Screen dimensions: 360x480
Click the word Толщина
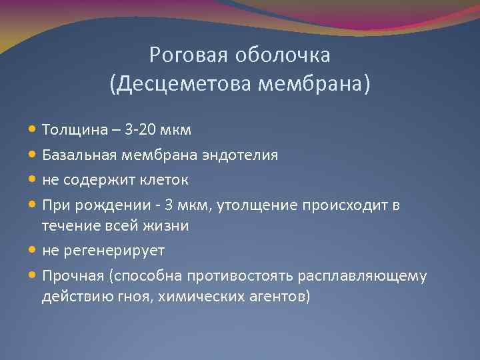point(71,129)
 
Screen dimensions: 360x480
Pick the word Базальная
point(79,155)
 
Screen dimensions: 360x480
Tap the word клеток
point(165,180)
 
